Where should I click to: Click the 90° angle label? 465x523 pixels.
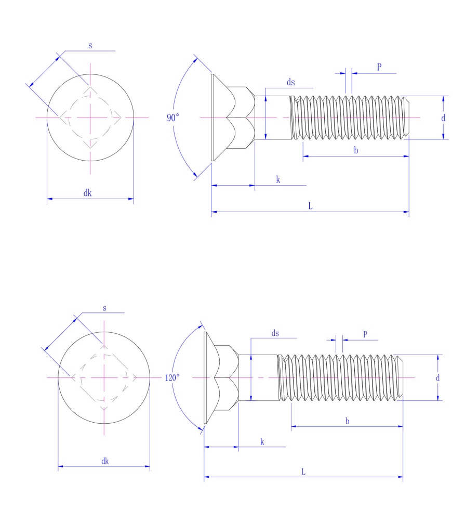pos(172,118)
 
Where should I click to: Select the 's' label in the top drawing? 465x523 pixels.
pos(90,46)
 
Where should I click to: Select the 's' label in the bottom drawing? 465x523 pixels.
pos(104,308)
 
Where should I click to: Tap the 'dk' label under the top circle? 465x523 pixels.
pos(88,192)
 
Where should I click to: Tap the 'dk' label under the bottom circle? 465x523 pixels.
pos(105,461)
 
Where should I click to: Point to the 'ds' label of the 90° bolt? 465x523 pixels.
pos(291,82)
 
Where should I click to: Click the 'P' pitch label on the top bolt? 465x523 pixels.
pos(379,67)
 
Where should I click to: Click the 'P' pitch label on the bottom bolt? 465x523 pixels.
pos(365,334)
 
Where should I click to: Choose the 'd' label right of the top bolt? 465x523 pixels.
pos(443,118)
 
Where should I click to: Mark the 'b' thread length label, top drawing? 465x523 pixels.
pos(355,150)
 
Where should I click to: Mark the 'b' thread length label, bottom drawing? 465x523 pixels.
pos(347,421)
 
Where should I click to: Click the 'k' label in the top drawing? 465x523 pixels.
pos(278,179)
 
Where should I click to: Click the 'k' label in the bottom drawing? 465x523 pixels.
pos(262,441)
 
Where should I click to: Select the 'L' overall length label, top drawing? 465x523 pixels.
pos(310,206)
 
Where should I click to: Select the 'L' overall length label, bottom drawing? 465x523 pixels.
pos(303,472)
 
